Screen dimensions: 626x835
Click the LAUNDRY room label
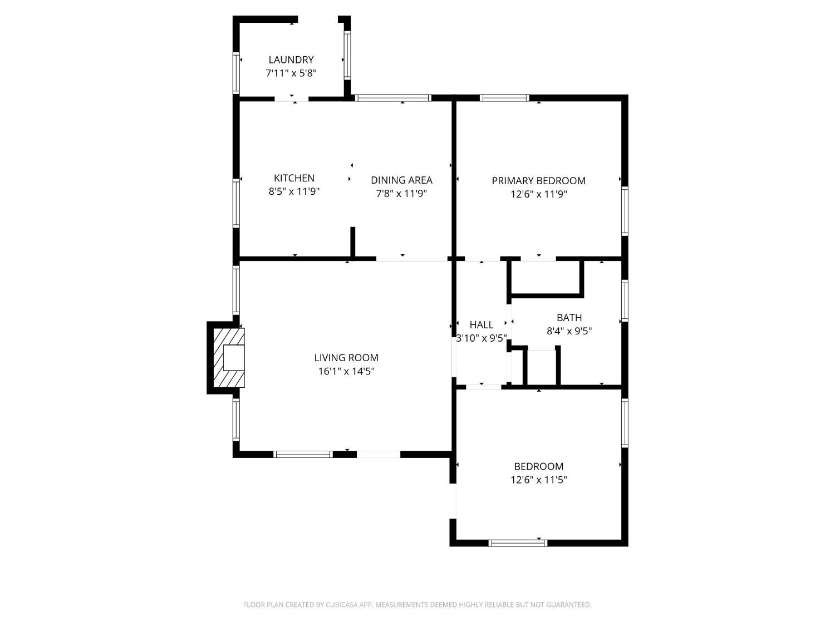(x=291, y=60)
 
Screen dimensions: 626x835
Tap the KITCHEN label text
(x=294, y=178)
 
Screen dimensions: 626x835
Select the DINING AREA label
(x=401, y=180)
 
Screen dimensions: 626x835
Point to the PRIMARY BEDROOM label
(x=538, y=180)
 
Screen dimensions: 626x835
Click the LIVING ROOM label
(x=346, y=358)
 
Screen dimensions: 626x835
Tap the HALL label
(x=481, y=325)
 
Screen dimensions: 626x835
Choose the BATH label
(x=569, y=318)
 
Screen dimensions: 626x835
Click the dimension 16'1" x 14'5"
(x=346, y=371)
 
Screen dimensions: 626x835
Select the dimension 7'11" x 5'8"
(x=291, y=73)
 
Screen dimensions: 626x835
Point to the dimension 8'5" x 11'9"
(x=294, y=192)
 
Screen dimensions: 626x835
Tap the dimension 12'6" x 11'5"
(x=538, y=480)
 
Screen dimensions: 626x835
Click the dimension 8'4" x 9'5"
(x=569, y=331)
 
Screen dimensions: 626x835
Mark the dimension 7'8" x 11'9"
(x=401, y=194)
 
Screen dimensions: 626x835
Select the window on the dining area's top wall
(x=393, y=98)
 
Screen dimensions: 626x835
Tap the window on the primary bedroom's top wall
(x=504, y=98)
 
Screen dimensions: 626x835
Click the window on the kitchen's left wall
(x=236, y=203)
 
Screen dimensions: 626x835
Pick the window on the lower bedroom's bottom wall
(x=518, y=543)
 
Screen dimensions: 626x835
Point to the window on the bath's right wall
(x=625, y=300)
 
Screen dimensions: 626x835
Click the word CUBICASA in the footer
(x=341, y=605)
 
